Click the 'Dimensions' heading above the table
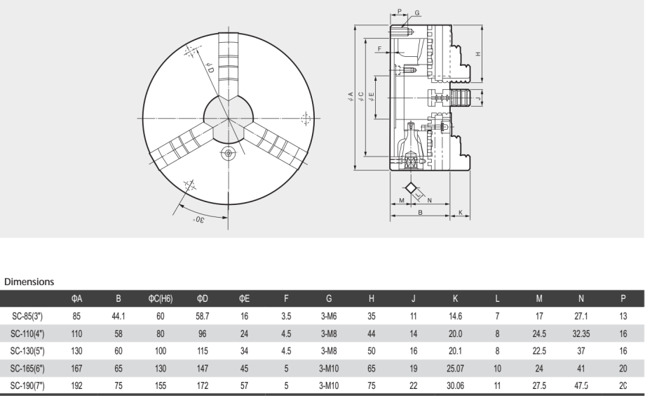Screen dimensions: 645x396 [x=29, y=282]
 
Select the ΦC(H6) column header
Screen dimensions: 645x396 [x=161, y=298]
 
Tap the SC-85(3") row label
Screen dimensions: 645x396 [x=27, y=316]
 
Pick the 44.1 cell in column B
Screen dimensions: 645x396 [x=118, y=316]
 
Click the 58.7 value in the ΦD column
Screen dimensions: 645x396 [x=203, y=316]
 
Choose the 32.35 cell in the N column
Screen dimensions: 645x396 [x=580, y=334]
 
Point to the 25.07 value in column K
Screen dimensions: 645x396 [x=456, y=369]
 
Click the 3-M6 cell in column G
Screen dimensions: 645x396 [x=329, y=316]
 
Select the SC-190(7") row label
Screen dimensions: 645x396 [x=27, y=385]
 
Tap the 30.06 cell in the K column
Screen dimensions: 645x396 [x=456, y=385]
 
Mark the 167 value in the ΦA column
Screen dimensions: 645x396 [x=76, y=369]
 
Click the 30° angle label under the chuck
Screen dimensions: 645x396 [x=198, y=219]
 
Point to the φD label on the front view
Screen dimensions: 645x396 [x=210, y=68]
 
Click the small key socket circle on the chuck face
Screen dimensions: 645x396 [x=228, y=154]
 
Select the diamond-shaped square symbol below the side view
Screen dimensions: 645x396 [x=411, y=188]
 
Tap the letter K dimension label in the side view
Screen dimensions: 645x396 [x=461, y=212]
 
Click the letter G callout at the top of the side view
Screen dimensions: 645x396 [x=417, y=13]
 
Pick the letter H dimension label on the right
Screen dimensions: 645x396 [x=478, y=54]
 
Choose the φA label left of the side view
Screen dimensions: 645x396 [x=351, y=96]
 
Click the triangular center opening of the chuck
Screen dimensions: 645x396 [x=229, y=119]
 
